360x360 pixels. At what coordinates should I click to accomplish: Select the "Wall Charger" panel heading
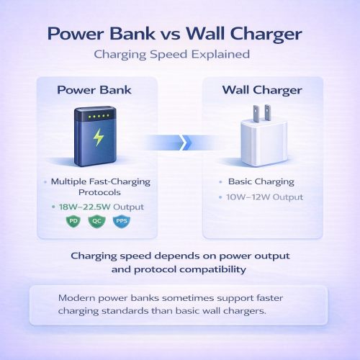pos(262,91)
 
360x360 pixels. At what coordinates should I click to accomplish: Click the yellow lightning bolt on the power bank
pos(96,138)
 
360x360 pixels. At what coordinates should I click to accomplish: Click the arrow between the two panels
pos(181,142)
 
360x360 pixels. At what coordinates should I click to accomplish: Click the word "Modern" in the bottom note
pos(73,297)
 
